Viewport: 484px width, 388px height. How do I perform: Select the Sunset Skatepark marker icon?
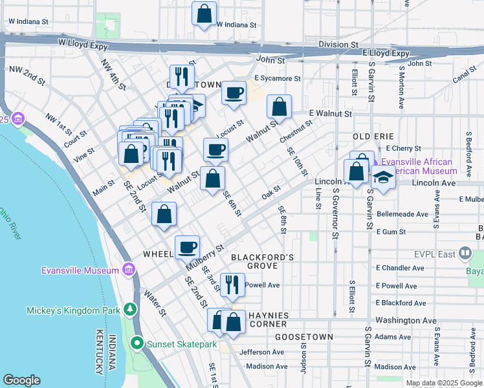tap(137, 343)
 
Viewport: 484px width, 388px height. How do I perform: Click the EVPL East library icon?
tap(465, 253)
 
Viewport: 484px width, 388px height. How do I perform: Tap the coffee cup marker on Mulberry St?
tap(188, 246)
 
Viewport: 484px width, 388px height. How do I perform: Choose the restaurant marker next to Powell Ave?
tap(232, 284)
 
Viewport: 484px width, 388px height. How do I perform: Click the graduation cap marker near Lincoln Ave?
tap(383, 177)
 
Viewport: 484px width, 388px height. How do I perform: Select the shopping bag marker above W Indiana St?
tap(204, 13)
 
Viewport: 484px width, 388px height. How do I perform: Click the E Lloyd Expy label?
tap(386, 53)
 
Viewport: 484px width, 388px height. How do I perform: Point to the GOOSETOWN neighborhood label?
tap(303, 337)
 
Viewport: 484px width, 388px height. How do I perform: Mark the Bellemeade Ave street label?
tap(402, 213)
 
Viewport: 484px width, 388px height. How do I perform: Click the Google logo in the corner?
tap(22, 380)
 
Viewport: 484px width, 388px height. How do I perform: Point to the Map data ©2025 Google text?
tap(443, 383)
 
